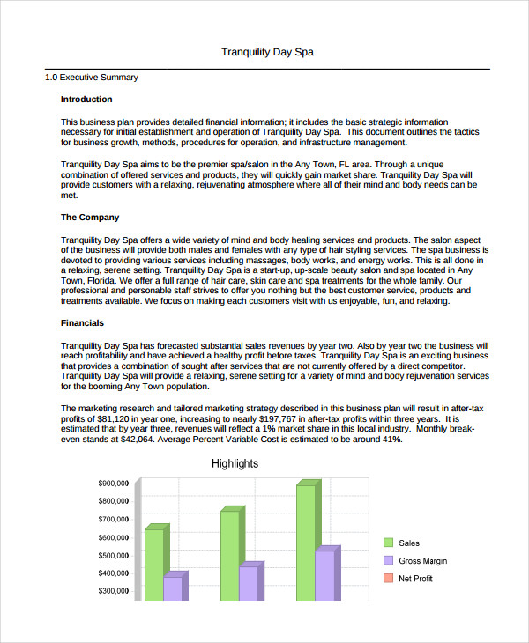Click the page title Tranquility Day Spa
[266, 52]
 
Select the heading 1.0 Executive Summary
[91, 78]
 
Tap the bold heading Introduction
[86, 100]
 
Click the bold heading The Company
[89, 217]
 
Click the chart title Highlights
[235, 463]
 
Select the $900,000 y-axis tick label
[113, 484]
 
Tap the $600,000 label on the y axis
[113, 537]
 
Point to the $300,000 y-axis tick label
[113, 591]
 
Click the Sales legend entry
[408, 543]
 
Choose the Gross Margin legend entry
[422, 561]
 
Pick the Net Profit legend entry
[416, 578]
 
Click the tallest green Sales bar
[305, 542]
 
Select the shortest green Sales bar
[153, 564]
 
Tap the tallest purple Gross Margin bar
[324, 574]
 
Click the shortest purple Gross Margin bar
[173, 588]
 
